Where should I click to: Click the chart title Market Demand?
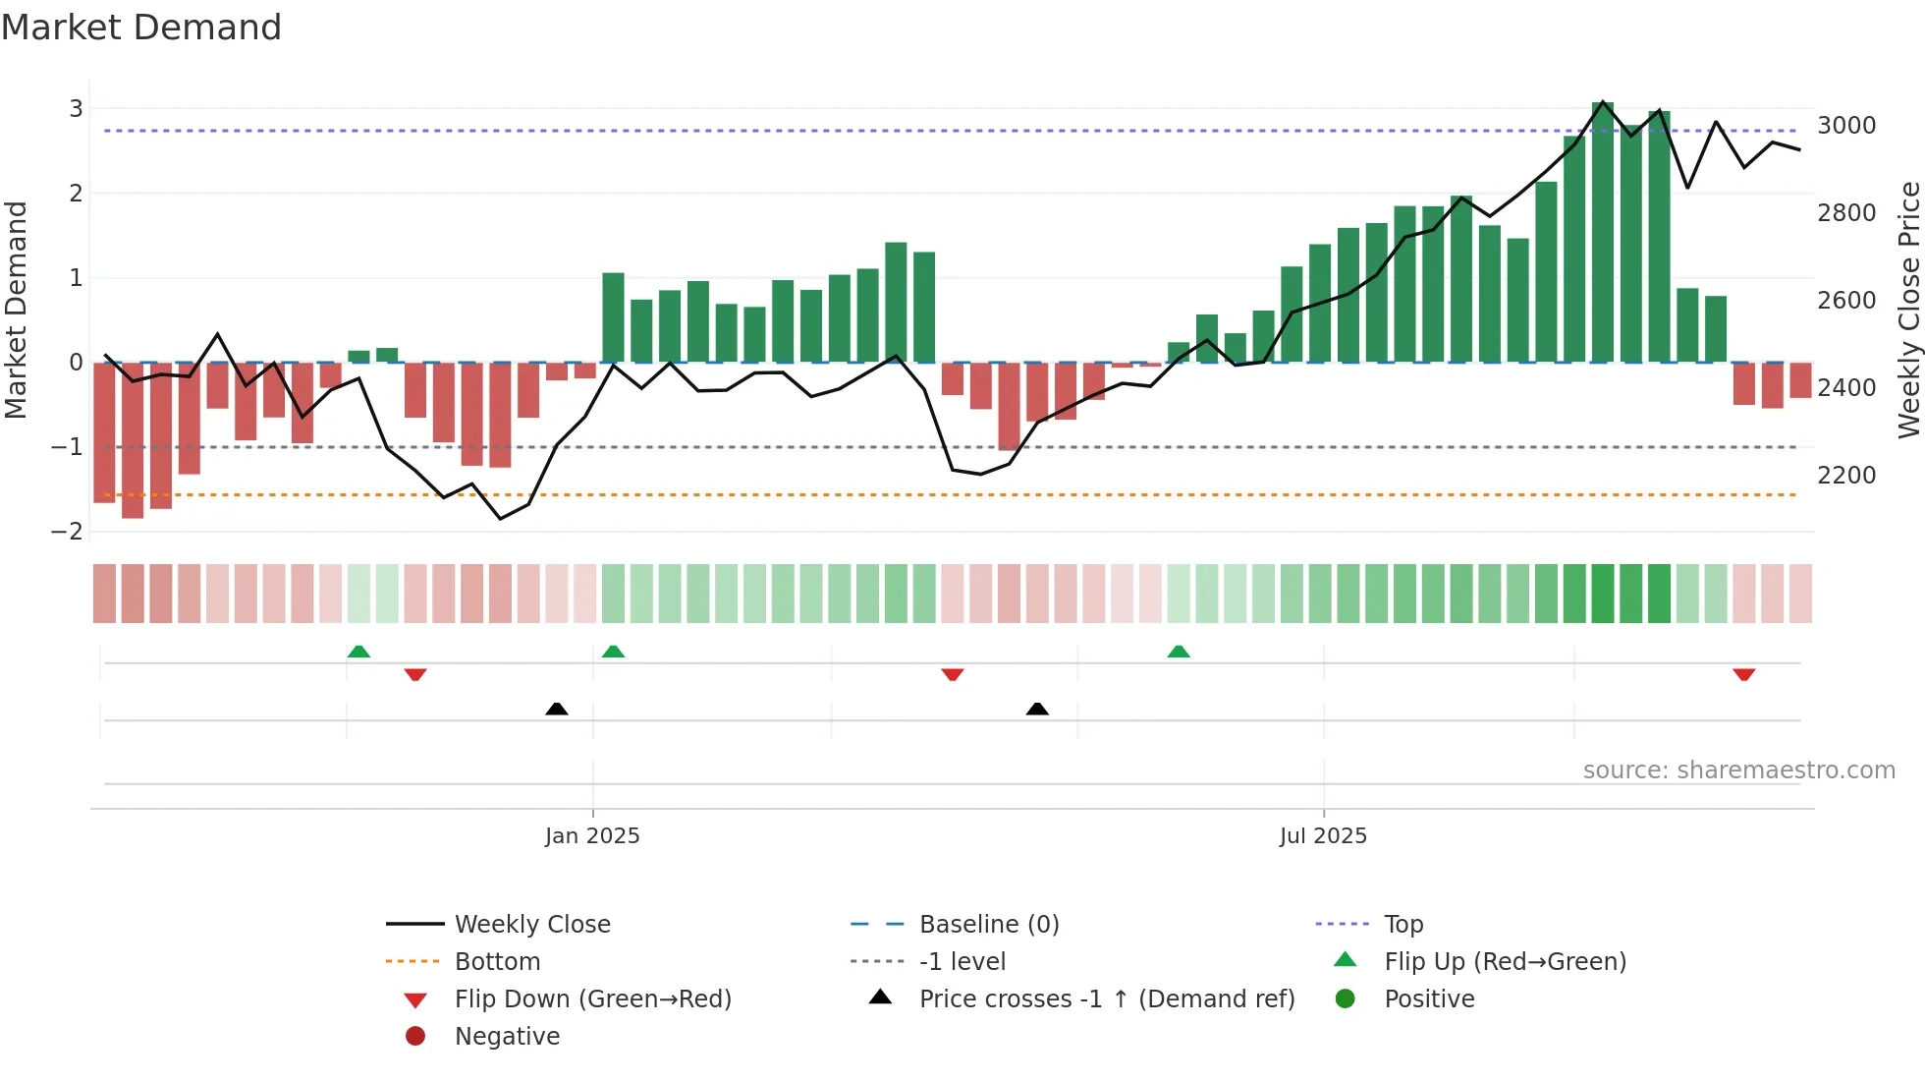pyautogui.click(x=141, y=28)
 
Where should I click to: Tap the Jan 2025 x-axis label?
pyautogui.click(x=592, y=836)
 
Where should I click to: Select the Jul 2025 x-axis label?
pyautogui.click(x=1323, y=836)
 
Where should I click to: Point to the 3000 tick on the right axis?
pyautogui.click(x=1846, y=126)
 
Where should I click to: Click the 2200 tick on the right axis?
pyautogui.click(x=1846, y=476)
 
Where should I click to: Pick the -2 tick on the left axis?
pyautogui.click(x=68, y=532)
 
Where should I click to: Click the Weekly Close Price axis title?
pyautogui.click(x=1908, y=310)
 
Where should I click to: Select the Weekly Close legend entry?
pyautogui.click(x=531, y=925)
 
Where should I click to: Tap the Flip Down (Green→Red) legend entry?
pyautogui.click(x=592, y=999)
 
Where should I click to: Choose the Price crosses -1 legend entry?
pyautogui.click(x=1106, y=999)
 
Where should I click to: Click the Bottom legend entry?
pyautogui.click(x=497, y=962)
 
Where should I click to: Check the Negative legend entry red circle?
pyautogui.click(x=415, y=1037)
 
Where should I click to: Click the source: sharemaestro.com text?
pyautogui.click(x=1738, y=770)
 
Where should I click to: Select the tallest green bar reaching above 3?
pyautogui.click(x=1603, y=232)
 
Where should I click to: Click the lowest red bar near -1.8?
pyautogui.click(x=133, y=440)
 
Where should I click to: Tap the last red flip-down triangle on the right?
pyautogui.click(x=1744, y=674)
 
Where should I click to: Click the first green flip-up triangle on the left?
pyautogui.click(x=358, y=652)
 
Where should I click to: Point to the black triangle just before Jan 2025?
pyautogui.click(x=557, y=709)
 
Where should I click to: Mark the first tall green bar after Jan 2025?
pyautogui.click(x=613, y=317)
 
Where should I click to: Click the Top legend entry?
pyautogui.click(x=1402, y=925)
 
